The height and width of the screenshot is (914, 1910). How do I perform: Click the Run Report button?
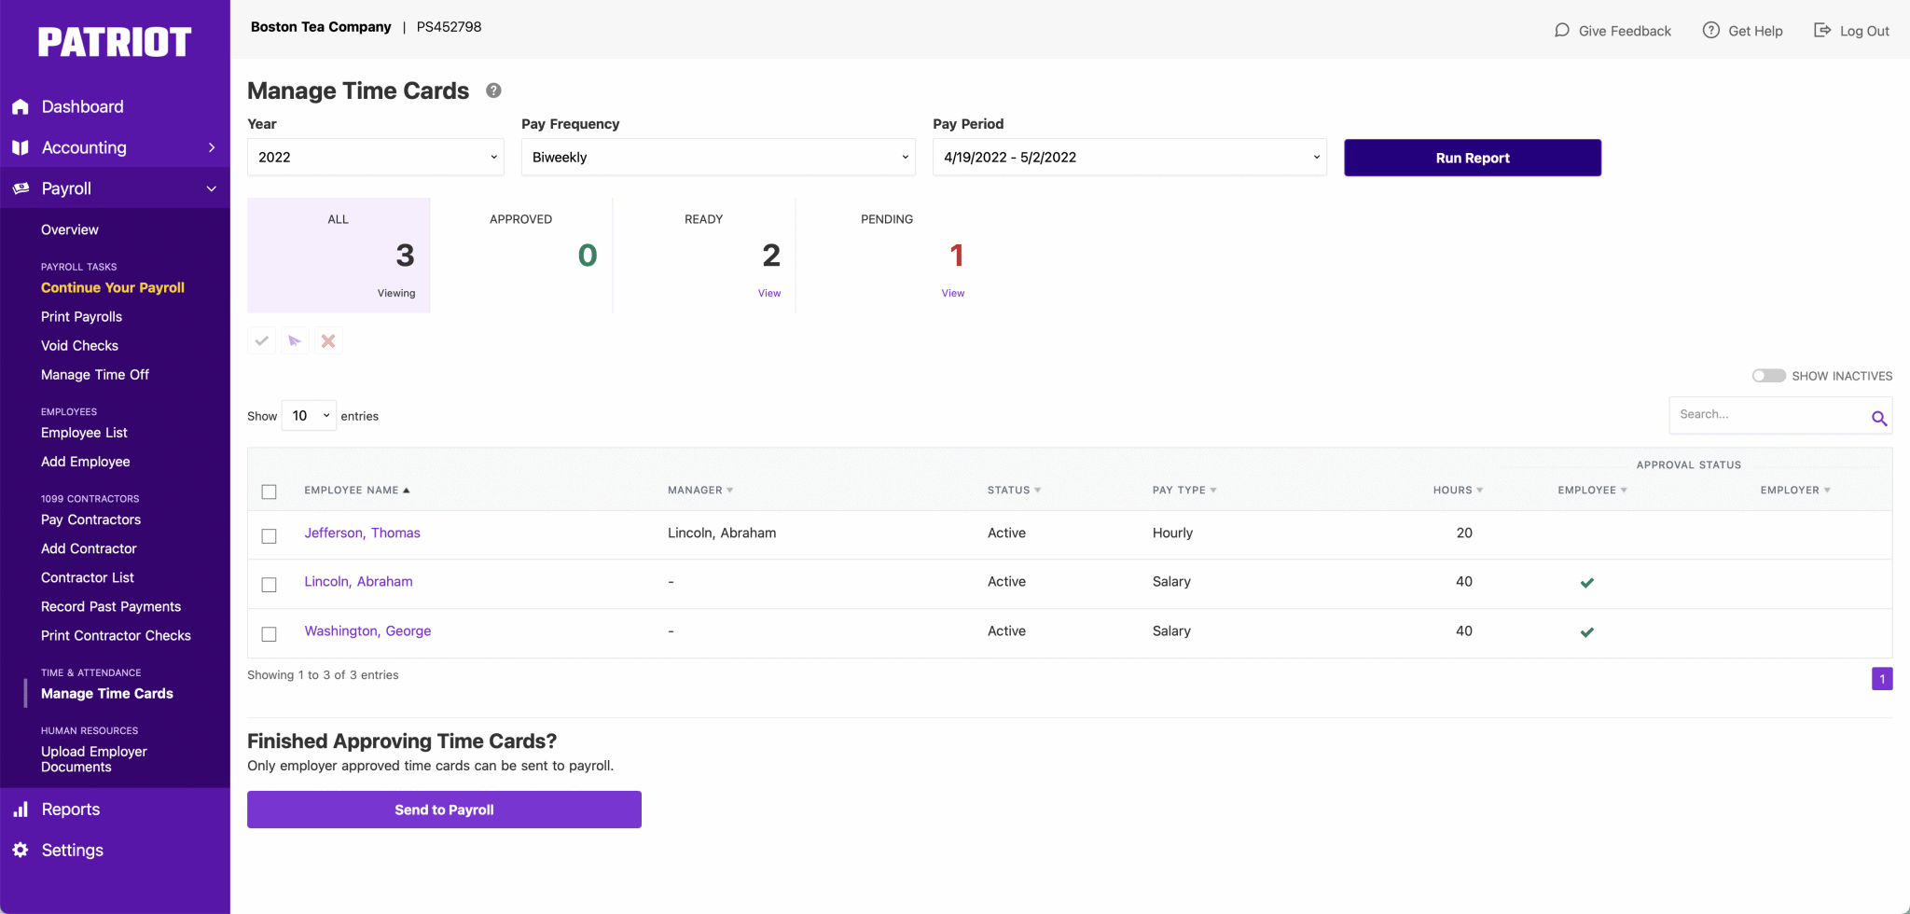[x=1472, y=158]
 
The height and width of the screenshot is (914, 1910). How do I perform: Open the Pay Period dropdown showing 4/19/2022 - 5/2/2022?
[x=1128, y=157]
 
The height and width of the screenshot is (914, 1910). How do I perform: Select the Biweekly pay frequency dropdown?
[x=717, y=157]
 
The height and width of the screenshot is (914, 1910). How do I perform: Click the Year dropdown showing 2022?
[x=375, y=157]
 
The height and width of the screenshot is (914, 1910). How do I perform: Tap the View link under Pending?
[x=952, y=293]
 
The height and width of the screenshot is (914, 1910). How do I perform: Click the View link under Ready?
[x=768, y=293]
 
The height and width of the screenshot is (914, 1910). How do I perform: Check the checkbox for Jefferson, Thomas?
[x=270, y=536]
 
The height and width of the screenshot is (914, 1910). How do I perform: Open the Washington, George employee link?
[x=367, y=630]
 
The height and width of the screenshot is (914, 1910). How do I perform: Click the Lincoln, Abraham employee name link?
[x=358, y=581]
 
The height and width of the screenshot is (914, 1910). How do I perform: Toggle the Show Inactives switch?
[x=1768, y=376]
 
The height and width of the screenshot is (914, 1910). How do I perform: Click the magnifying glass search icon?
[x=1878, y=418]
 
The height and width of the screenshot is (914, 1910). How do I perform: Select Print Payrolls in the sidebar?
[x=81, y=316]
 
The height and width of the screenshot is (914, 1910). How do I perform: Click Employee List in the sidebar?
[x=84, y=433]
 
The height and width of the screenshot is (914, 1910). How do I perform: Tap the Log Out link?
[x=1852, y=31]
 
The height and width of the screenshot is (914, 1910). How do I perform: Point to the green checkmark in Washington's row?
[x=1586, y=632]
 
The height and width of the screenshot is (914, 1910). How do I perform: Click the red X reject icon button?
[x=328, y=341]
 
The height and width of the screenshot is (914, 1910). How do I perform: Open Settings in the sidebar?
[x=72, y=850]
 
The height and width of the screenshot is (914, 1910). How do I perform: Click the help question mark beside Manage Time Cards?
[x=493, y=90]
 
